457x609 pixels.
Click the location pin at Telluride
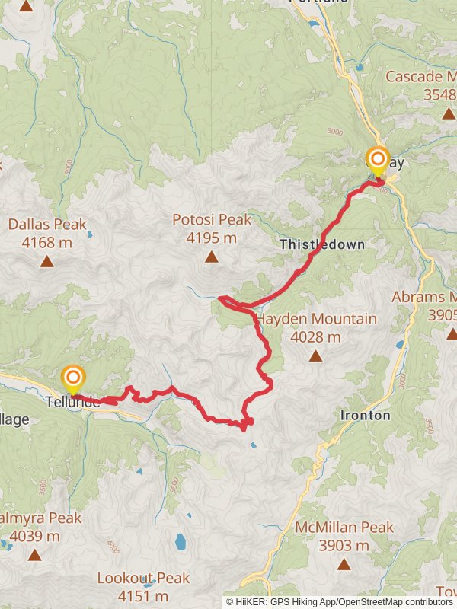[72, 378]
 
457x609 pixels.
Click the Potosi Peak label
[211, 220]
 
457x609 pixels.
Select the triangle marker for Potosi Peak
[211, 257]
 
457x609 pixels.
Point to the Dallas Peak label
[47, 225]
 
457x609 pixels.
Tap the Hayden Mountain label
[316, 319]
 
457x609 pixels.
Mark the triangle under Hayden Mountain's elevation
[315, 356]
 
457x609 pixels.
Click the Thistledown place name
[322, 245]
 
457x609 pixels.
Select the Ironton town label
[365, 416]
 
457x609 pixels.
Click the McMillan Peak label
[344, 528]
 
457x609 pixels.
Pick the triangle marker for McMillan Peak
[344, 565]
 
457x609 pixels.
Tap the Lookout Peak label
[143, 579]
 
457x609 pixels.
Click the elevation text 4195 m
[211, 238]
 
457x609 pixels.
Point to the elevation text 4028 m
[315, 337]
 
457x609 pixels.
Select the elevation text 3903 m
[344, 546]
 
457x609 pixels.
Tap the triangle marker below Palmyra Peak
[34, 555]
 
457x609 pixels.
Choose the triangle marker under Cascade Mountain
[449, 113]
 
